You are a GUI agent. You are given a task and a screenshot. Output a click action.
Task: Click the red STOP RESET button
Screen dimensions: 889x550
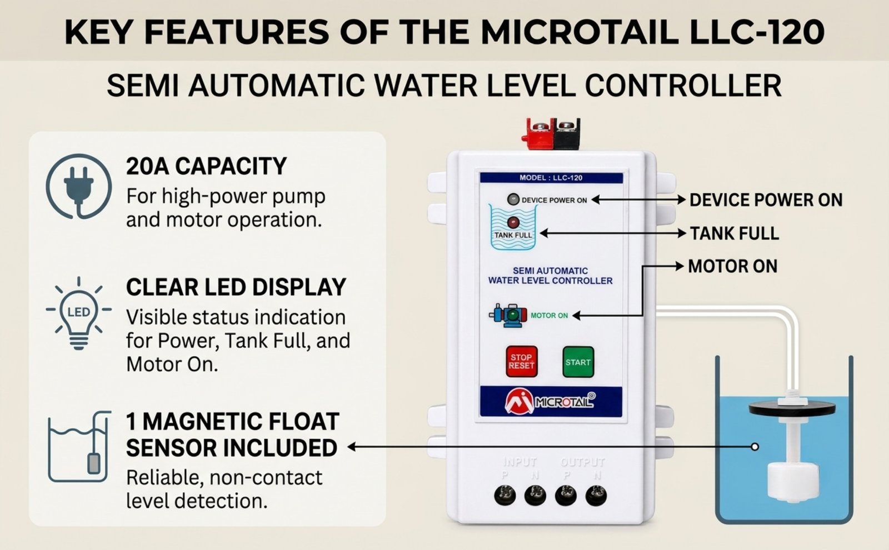point(522,361)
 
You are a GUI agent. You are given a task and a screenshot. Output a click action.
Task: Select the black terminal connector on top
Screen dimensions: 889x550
point(567,134)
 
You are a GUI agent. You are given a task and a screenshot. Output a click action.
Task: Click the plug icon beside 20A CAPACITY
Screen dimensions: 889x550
point(78,187)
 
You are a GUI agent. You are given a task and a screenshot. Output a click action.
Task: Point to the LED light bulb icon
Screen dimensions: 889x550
point(78,313)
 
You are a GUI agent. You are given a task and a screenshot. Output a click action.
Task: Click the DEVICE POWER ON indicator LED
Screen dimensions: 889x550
point(513,199)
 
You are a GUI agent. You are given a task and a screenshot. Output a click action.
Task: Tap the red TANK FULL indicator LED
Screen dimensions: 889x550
point(513,222)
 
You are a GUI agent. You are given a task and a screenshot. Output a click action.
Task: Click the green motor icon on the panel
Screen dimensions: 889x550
point(508,316)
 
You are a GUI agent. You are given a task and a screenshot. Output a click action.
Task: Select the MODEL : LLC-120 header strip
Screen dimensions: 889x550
point(551,178)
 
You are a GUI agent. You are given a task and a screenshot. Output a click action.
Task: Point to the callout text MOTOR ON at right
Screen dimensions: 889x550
point(733,266)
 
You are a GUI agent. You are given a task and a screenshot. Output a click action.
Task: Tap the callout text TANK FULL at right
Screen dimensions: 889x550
point(735,233)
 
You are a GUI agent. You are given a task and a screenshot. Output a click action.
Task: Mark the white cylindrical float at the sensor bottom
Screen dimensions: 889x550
point(793,482)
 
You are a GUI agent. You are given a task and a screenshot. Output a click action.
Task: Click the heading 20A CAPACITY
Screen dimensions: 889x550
point(206,166)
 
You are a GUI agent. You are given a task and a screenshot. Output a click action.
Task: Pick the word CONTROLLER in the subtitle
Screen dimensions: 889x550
point(683,86)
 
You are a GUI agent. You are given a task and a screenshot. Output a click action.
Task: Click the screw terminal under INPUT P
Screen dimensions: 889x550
point(505,495)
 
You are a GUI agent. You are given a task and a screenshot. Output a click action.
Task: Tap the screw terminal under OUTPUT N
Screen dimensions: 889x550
point(596,495)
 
